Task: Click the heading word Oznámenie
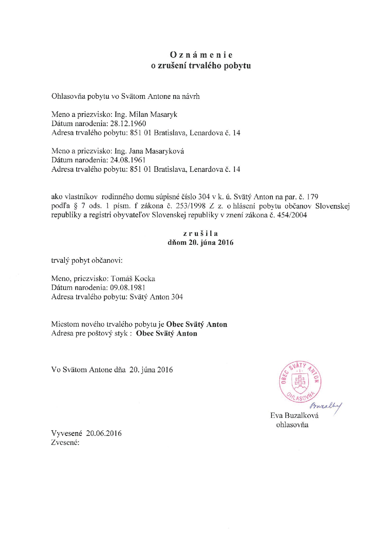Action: click(x=201, y=55)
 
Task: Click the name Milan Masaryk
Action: click(x=153, y=114)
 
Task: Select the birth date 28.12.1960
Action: click(x=128, y=123)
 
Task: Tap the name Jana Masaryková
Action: click(x=156, y=151)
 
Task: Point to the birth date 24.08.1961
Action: click(x=128, y=160)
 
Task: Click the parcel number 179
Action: click(x=312, y=197)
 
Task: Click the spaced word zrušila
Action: click(x=200, y=234)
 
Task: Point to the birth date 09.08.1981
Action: click(x=128, y=288)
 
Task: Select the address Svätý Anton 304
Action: click(x=156, y=297)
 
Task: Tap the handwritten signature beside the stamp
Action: click(x=327, y=406)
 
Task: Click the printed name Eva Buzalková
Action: click(x=294, y=415)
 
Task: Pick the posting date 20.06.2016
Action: click(x=104, y=433)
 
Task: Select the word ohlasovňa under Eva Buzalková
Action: click(x=292, y=425)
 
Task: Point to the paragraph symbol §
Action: click(x=76, y=206)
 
